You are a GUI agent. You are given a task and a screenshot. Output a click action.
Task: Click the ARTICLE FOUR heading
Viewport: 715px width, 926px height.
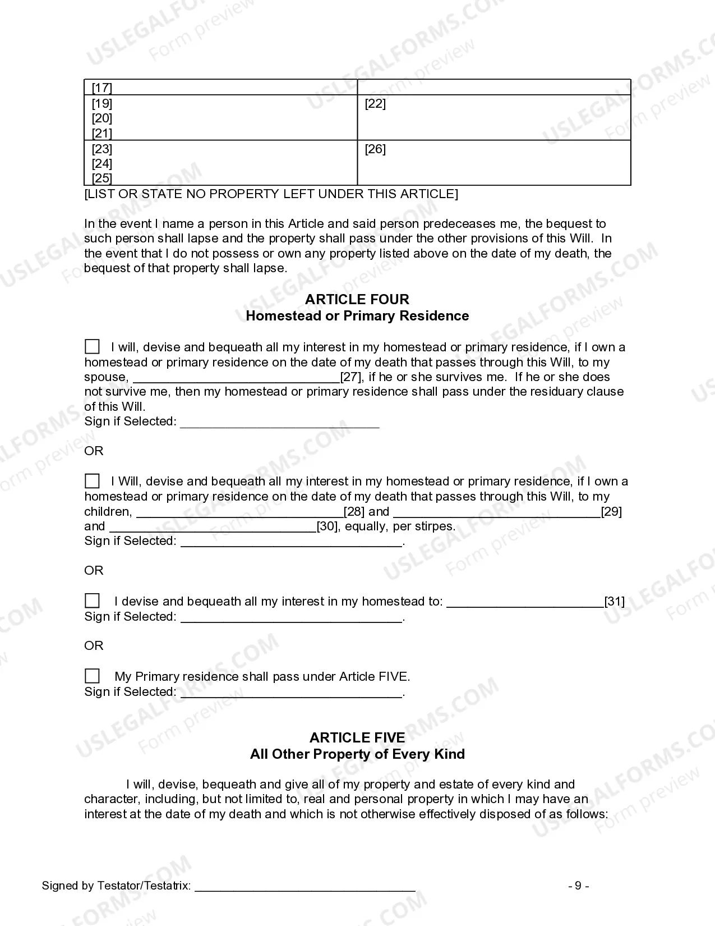[357, 299]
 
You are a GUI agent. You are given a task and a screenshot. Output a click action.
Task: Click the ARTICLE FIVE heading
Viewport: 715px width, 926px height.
[357, 737]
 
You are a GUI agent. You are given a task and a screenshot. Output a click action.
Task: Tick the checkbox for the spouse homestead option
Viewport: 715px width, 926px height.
[92, 347]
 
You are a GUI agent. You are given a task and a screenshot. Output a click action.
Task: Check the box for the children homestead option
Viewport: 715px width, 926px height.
[92, 481]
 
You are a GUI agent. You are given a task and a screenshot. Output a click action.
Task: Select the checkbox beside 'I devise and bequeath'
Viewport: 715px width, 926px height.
[92, 601]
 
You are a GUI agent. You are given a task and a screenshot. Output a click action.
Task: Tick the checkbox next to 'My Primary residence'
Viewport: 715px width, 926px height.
[92, 676]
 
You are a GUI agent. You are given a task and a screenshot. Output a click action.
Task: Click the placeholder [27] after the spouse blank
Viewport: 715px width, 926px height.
[352, 377]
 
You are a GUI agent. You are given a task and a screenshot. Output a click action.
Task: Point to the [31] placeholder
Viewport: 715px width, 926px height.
[615, 602]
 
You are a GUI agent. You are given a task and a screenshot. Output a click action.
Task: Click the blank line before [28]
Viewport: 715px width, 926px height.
[239, 512]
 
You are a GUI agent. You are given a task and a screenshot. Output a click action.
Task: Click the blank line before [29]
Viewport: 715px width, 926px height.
[497, 512]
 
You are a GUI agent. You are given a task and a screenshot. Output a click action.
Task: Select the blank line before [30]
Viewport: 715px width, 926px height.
[213, 527]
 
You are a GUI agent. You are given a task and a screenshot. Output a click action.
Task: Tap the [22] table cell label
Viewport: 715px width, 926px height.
[375, 104]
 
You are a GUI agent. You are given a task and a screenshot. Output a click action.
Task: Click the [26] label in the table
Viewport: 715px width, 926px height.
[375, 149]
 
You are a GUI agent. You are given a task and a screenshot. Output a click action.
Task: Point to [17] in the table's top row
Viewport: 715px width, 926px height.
[102, 88]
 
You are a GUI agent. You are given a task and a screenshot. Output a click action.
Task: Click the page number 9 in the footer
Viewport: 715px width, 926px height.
[578, 886]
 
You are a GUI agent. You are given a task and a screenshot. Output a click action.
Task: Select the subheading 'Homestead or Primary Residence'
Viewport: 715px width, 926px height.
[357, 316]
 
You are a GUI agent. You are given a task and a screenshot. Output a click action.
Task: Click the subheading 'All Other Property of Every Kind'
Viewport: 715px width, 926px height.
[357, 754]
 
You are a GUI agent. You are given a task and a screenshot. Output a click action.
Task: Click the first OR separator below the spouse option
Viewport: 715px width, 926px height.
[94, 451]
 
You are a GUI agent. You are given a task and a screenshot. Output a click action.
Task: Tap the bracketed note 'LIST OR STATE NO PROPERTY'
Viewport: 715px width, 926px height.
[271, 194]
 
